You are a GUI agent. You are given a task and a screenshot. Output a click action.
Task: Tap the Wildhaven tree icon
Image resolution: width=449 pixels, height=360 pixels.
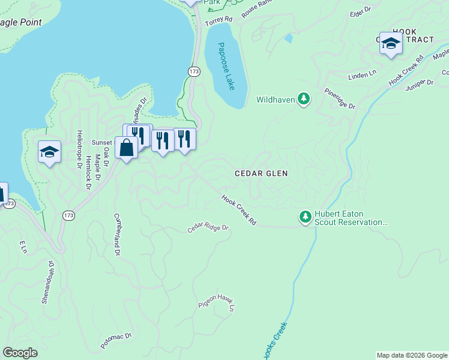(304, 99)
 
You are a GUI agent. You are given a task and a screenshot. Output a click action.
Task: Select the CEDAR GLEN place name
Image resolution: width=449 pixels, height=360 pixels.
(261, 173)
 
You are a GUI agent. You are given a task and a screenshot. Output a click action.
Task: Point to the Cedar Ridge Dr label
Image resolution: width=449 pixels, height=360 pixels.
(208, 228)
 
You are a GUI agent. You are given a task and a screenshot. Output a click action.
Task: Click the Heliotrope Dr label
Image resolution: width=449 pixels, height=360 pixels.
(79, 151)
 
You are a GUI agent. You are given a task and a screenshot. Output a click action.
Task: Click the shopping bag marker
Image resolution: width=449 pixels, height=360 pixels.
(127, 148)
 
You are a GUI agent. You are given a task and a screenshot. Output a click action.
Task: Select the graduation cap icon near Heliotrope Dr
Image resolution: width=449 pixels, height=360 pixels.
(49, 152)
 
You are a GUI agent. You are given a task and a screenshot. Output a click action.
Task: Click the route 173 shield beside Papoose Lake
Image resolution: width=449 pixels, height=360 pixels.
(193, 71)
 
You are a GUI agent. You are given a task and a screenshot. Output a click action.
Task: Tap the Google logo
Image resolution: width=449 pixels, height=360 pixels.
(20, 353)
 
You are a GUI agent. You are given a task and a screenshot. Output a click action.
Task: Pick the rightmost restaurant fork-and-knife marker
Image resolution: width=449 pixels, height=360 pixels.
(184, 139)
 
